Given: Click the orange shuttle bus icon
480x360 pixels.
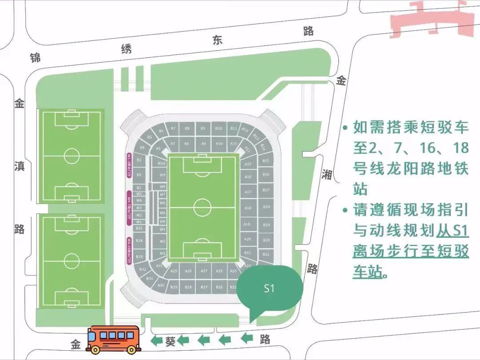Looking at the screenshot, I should tap(112, 339).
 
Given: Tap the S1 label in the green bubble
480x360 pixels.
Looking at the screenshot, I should tap(269, 288).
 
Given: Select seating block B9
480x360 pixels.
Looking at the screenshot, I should tap(203, 128).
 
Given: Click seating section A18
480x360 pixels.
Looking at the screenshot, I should tap(248, 208).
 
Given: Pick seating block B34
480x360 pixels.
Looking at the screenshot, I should tap(139, 240).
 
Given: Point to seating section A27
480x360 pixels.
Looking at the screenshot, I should tap(204, 271).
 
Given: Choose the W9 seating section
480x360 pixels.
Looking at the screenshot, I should tap(162, 175).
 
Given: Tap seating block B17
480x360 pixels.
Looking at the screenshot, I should tap(266, 190).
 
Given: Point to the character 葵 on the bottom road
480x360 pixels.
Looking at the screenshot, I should tap(170, 341).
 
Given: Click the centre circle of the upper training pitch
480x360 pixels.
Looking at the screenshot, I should tap(72, 156).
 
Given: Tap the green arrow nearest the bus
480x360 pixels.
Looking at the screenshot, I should tap(156, 341).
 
